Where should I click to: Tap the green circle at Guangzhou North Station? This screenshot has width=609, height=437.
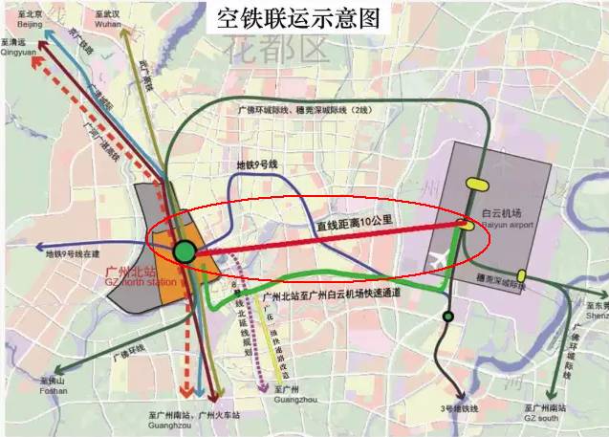185,252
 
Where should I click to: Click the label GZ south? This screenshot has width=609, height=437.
549,418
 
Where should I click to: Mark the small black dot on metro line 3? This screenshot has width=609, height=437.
446,317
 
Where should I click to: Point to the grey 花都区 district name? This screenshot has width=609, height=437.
274,51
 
